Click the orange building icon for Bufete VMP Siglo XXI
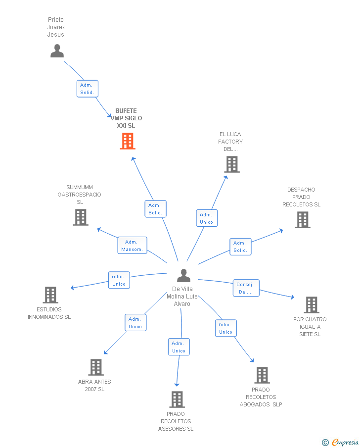pyautogui.click(x=127, y=141)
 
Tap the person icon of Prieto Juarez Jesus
pyautogui.click(x=57, y=51)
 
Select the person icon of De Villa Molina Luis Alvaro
pyautogui.click(x=183, y=276)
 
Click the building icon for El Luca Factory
pyautogui.click(x=232, y=164)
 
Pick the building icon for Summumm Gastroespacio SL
pyautogui.click(x=81, y=217)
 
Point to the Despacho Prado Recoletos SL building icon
pyautogui.click(x=303, y=220)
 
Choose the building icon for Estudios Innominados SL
pyautogui.click(x=50, y=295)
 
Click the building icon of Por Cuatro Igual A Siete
pyautogui.click(x=312, y=305)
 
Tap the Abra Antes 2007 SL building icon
pyautogui.click(x=96, y=367)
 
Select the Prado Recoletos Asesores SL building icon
pyautogui.click(x=177, y=399)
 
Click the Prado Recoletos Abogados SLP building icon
pyautogui.click(x=262, y=375)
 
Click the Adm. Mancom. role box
pyautogui.click(x=132, y=246)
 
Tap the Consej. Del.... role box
pyautogui.click(x=246, y=288)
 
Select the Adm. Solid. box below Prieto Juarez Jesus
pyautogui.click(x=88, y=89)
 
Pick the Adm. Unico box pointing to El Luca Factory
pyautogui.click(x=207, y=218)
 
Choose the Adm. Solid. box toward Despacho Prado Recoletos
pyautogui.click(x=240, y=247)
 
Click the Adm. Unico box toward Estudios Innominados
pyautogui.click(x=119, y=280)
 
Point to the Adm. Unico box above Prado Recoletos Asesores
pyautogui.click(x=179, y=347)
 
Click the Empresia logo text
pyautogui.click(x=345, y=442)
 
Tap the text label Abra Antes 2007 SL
pyautogui.click(x=94, y=386)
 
